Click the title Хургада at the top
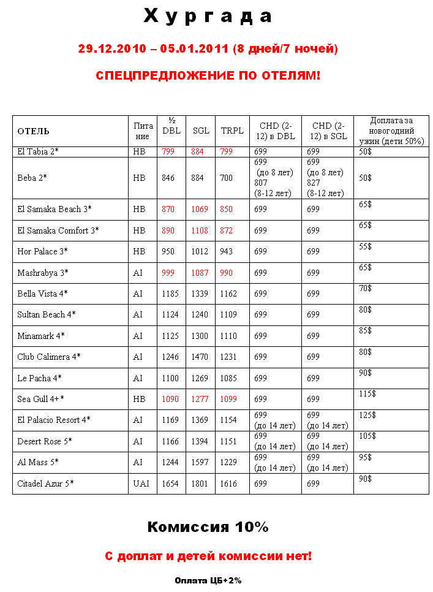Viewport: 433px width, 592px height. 208,17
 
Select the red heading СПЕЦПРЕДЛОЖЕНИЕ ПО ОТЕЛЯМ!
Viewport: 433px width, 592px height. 208,75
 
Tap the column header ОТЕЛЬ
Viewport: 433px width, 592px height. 34,131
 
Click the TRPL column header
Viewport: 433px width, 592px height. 232,131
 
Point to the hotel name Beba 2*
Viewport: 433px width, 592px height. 32,178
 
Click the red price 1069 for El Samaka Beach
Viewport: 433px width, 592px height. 200,210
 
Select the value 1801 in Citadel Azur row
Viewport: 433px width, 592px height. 200,484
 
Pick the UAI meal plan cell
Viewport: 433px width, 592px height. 141,484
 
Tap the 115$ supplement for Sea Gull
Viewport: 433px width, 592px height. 367,394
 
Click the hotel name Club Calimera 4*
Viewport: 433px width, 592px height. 49,357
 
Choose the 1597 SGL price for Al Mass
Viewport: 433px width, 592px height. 200,462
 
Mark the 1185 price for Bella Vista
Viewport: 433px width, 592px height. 170,294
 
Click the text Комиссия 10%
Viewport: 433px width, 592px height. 208,527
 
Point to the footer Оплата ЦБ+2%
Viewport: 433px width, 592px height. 208,580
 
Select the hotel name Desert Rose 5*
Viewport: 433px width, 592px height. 45,441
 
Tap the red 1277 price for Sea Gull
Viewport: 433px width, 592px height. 200,399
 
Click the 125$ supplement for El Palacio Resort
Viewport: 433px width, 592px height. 367,415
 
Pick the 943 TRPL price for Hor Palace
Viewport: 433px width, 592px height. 228,252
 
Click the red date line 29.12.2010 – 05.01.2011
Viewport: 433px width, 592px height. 208,48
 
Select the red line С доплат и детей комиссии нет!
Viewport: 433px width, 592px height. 208,556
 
